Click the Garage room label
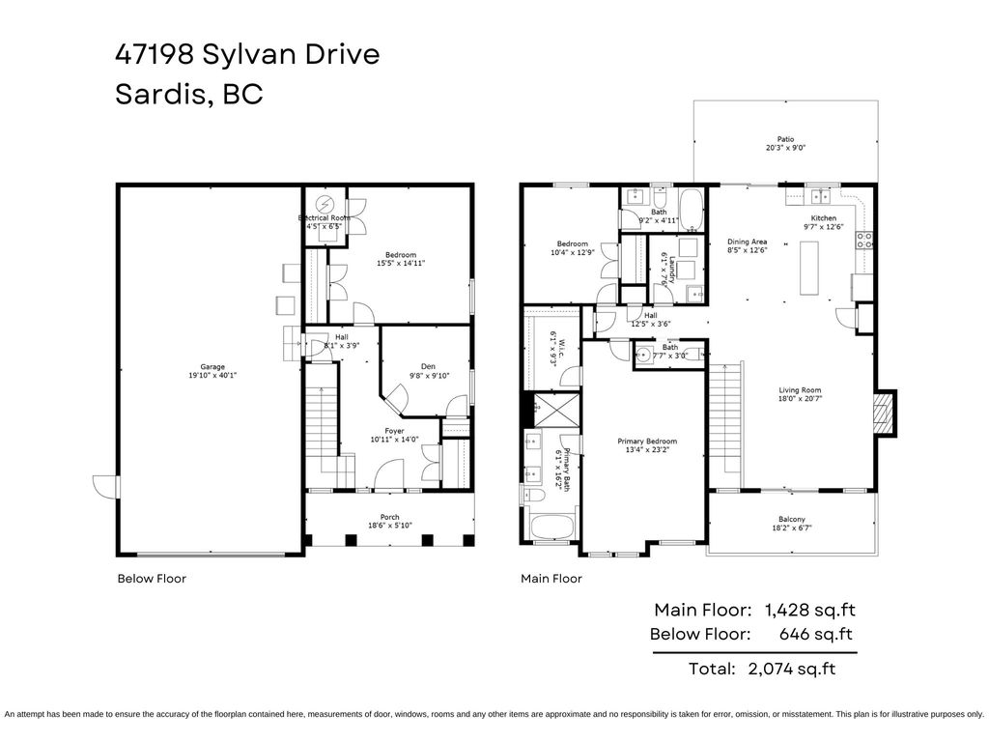pos(212,367)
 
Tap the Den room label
pos(428,366)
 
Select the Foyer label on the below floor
pos(394,431)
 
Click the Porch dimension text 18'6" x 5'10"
pos(390,527)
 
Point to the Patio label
pos(786,139)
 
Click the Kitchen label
pos(823,218)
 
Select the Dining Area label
pos(747,242)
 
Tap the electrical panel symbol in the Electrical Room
pos(326,204)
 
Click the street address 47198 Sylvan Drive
pos(246,54)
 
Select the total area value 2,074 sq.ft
pos(792,669)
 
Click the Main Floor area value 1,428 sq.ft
pos(809,610)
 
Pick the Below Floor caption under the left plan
pos(152,579)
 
